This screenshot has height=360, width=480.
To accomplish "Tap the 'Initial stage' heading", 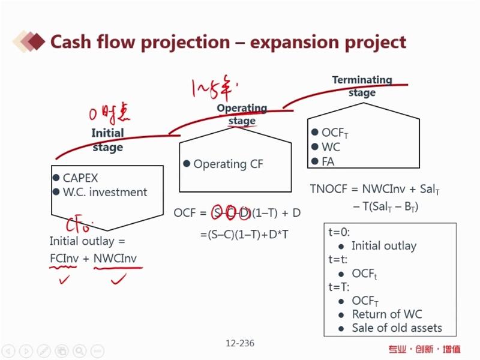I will tap(108, 140).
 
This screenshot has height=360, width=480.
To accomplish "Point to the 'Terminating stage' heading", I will tap(362, 86).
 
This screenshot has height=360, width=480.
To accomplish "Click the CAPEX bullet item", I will tap(80, 178).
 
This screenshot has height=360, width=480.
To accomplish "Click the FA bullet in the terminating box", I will tap(328, 161).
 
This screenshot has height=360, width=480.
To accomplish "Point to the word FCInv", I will tap(65, 258).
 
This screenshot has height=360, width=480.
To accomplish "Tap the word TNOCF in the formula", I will tap(327, 189).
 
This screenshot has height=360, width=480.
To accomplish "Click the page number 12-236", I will tap(240, 343).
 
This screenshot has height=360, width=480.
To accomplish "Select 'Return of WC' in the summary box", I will tap(386, 314).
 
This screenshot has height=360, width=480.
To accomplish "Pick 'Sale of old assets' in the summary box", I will tap(397, 328).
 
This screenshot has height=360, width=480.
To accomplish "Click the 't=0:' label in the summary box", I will tap(339, 232).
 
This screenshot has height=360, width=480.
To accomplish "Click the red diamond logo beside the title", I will tap(34, 41).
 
